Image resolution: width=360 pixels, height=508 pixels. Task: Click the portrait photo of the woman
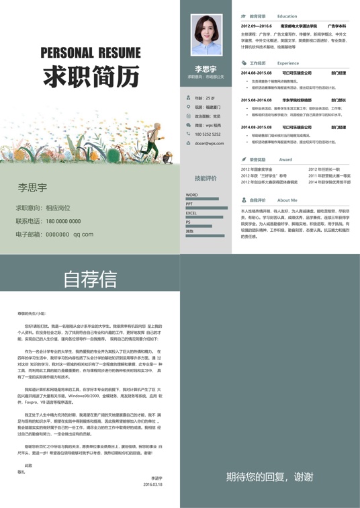click(206, 36)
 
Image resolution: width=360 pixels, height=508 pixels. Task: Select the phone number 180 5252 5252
click(208, 134)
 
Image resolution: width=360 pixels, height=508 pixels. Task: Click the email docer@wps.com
click(210, 143)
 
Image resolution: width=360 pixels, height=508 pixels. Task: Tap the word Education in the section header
click(287, 16)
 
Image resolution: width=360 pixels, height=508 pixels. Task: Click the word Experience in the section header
click(288, 63)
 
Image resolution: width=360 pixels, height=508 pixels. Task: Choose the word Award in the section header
click(285, 160)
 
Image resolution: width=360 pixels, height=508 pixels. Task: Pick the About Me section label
click(287, 200)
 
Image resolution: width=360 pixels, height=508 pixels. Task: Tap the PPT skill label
click(189, 204)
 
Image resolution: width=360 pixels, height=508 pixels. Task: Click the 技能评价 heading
click(206, 179)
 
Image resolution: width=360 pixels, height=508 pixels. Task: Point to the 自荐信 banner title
click(89, 278)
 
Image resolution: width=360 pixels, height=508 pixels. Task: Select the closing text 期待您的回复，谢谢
click(269, 477)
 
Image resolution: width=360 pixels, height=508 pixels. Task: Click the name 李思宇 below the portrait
click(206, 69)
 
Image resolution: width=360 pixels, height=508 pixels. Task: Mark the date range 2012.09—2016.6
click(257, 26)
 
